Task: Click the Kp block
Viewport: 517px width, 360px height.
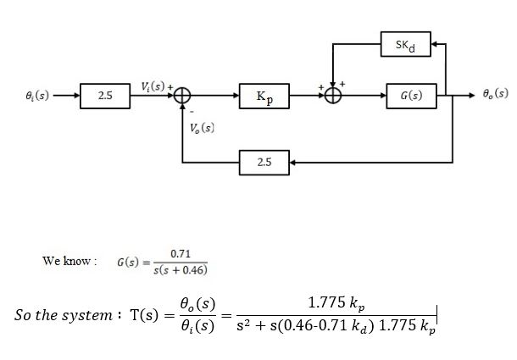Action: pyautogui.click(x=264, y=97)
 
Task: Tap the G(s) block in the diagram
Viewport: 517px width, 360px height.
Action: pyautogui.click(x=411, y=97)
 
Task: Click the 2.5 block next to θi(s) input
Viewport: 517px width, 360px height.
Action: pyautogui.click(x=105, y=97)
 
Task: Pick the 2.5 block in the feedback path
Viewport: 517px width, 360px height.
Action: pyautogui.click(x=264, y=160)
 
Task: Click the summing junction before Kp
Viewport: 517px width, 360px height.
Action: pyautogui.click(x=181, y=97)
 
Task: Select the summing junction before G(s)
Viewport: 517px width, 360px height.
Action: pyautogui.click(x=334, y=97)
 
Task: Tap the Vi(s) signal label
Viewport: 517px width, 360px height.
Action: pyautogui.click(x=155, y=86)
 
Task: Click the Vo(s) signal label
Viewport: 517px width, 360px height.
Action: pyautogui.click(x=202, y=129)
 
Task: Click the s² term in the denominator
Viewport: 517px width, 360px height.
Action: pyautogui.click(x=242, y=327)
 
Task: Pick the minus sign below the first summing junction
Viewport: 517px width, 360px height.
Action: pyautogui.click(x=192, y=110)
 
